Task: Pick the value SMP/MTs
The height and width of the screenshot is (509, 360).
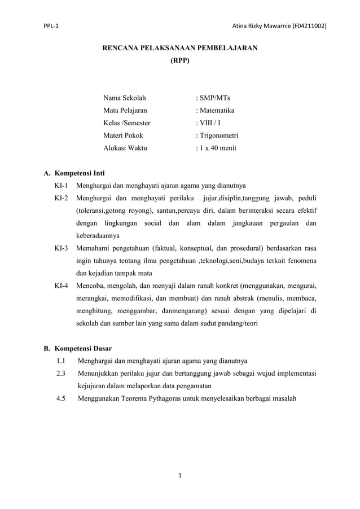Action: point(214,98)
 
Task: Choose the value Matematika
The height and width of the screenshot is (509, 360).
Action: point(216,111)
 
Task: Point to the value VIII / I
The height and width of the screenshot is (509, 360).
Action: point(209,123)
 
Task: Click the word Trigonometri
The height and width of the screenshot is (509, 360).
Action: point(218,135)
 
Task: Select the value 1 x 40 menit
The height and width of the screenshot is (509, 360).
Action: point(217,148)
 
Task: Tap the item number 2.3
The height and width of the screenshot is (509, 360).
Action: point(61,373)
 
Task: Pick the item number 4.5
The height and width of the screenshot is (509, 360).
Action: point(61,398)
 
